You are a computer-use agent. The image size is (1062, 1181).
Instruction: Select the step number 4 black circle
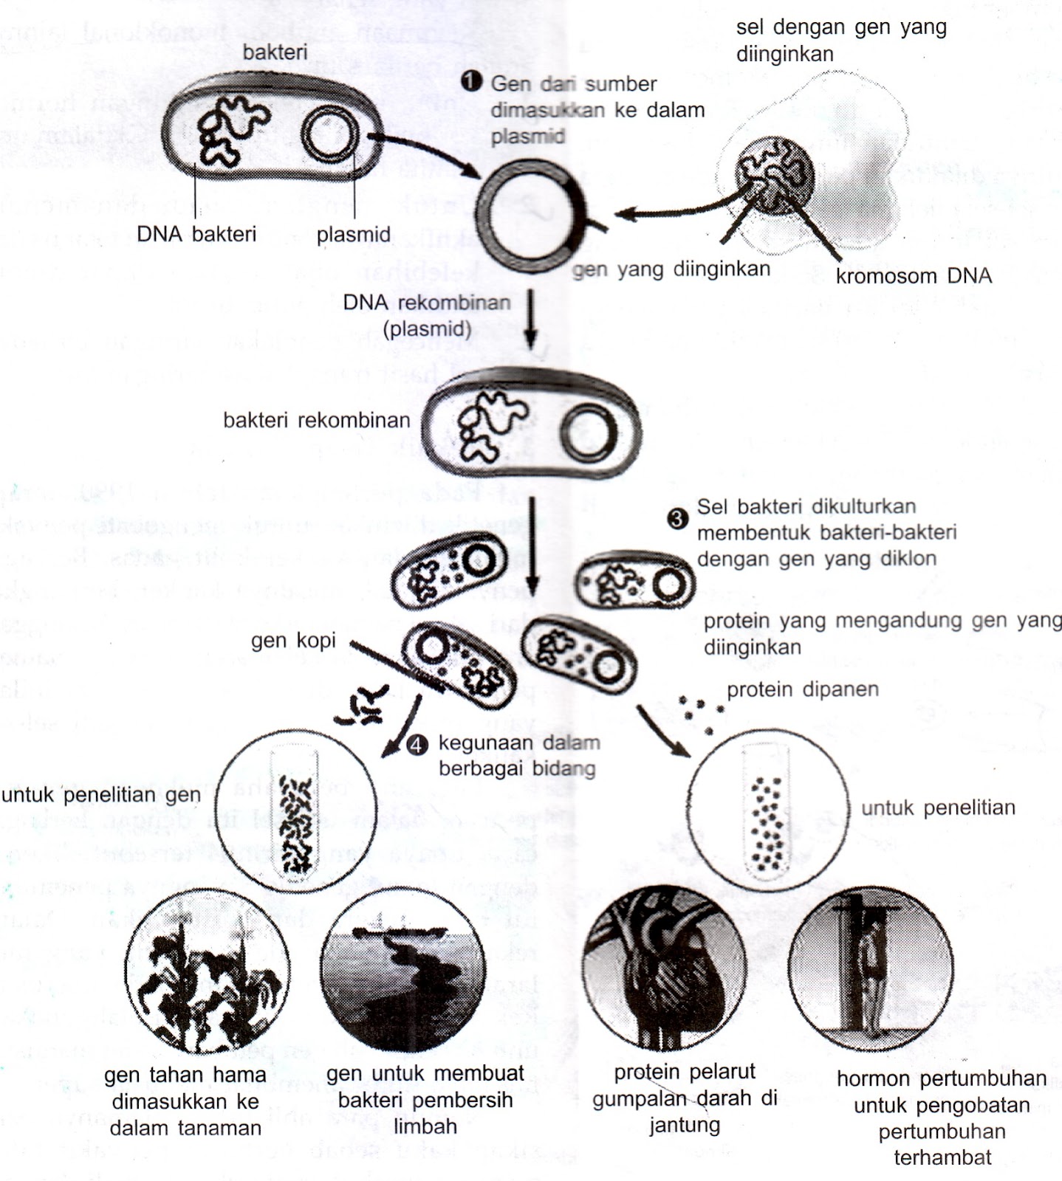pyautogui.click(x=417, y=745)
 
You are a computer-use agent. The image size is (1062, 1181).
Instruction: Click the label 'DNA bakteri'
pyautogui.click(x=196, y=235)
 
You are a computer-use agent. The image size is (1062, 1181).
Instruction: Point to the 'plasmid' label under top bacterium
pyautogui.click(x=354, y=235)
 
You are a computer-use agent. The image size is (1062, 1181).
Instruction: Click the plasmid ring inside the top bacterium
pyautogui.click(x=332, y=135)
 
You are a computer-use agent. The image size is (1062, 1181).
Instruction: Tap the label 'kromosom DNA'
pyautogui.click(x=914, y=277)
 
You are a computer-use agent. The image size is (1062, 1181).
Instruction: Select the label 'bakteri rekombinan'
pyautogui.click(x=316, y=421)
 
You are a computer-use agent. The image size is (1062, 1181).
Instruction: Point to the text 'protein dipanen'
pyautogui.click(x=803, y=690)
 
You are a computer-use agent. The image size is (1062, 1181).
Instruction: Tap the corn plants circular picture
pyautogui.click(x=208, y=972)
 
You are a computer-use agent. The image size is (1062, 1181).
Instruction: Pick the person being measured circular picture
pyautogui.click(x=870, y=968)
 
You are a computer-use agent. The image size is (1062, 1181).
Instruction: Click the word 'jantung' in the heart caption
pyautogui.click(x=684, y=1126)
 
